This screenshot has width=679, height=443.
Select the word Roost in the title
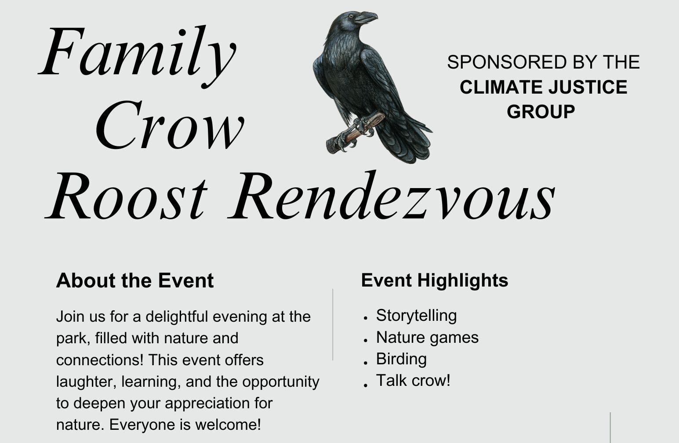click(126, 196)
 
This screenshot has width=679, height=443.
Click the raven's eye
click(351, 16)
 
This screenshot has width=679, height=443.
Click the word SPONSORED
click(507, 62)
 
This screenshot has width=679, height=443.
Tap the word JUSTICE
click(588, 87)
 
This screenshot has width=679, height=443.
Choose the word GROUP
click(541, 112)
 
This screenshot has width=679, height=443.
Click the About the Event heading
click(135, 280)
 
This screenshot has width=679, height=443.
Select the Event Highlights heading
click(435, 280)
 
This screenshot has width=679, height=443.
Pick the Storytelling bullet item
click(416, 316)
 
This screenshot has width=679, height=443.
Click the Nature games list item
click(427, 338)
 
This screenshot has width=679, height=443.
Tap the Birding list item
click(401, 359)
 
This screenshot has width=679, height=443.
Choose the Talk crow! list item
click(413, 380)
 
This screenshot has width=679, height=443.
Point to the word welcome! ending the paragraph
click(228, 425)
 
